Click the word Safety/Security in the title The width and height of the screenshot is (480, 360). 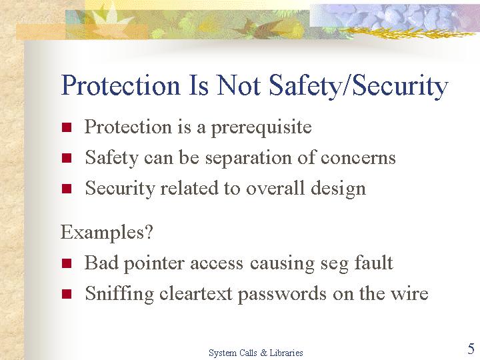pos(359,86)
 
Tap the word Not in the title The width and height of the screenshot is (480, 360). pos(239,85)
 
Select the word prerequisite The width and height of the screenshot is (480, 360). pos(261,127)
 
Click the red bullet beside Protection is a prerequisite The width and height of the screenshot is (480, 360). pos(67,127)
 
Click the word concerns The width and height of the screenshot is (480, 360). pos(358,159)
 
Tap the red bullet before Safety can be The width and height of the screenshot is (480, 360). pos(67,158)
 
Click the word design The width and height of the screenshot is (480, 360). pos(338,189)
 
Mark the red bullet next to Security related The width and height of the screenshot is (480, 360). pos(67,189)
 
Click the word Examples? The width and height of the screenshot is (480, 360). pos(107,233)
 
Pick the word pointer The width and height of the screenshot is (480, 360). pos(154,264)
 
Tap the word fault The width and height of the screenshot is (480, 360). pos(373,263)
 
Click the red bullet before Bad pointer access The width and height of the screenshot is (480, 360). pos(67,263)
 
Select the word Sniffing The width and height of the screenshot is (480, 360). pos(119,293)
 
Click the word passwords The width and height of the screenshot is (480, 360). pos(282,294)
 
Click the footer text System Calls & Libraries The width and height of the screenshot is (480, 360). pos(256,353)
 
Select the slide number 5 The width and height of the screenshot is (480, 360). pos(471,349)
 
